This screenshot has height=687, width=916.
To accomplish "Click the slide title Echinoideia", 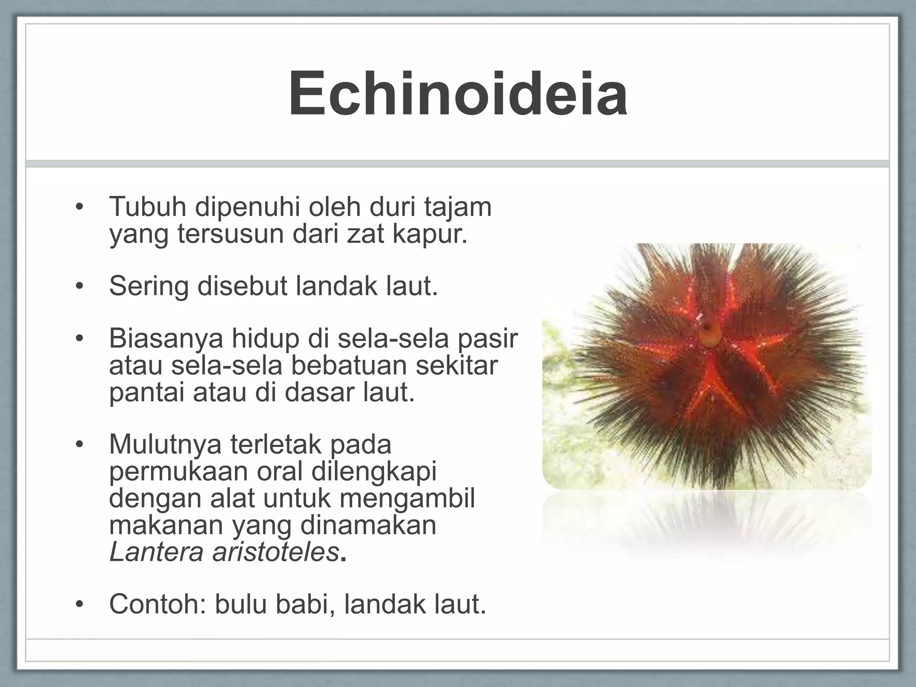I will pyautogui.click(x=458, y=95).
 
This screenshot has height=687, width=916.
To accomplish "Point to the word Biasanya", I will pyautogui.click(x=166, y=339).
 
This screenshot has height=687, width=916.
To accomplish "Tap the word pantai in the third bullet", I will pyautogui.click(x=147, y=393).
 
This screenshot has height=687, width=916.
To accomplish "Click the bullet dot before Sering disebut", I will pyautogui.click(x=79, y=287).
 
